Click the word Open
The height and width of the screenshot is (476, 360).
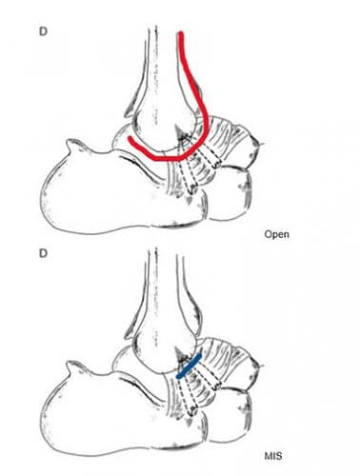pos(277,232)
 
